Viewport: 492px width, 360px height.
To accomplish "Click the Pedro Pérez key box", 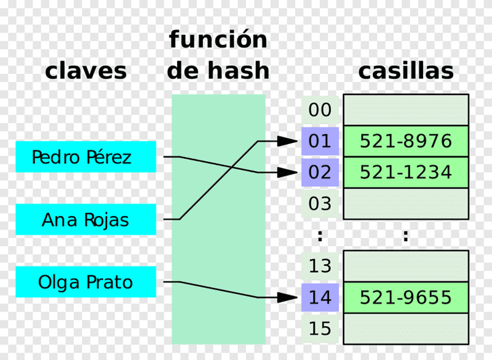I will pyautogui.click(x=85, y=156).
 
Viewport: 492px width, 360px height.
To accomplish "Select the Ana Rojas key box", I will pyautogui.click(x=85, y=219).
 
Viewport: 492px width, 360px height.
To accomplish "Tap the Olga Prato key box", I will pyautogui.click(x=85, y=282).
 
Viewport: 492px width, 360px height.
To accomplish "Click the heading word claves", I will pyautogui.click(x=85, y=71).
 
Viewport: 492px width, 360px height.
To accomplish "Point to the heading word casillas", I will pyautogui.click(x=405, y=71).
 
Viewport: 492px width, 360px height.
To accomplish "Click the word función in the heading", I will pyautogui.click(x=218, y=40).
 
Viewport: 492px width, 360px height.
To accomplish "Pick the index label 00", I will pyautogui.click(x=320, y=110).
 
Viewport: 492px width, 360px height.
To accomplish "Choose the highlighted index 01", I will pyautogui.click(x=320, y=142).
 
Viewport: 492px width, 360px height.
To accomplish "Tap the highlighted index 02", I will pyautogui.click(x=320, y=172).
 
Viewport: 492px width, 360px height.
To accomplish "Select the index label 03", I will pyautogui.click(x=320, y=204).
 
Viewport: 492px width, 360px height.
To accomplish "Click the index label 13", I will pyautogui.click(x=320, y=266).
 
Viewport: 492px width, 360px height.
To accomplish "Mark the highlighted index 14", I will pyautogui.click(x=320, y=298).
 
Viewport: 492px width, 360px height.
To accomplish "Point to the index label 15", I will pyautogui.click(x=320, y=329).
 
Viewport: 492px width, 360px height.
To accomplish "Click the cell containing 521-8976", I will pyautogui.click(x=405, y=142).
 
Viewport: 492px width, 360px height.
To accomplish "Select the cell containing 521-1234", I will pyautogui.click(x=405, y=172).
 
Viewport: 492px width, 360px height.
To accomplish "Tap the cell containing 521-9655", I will pyautogui.click(x=405, y=298).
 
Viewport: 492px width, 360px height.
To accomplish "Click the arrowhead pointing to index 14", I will pyautogui.click(x=288, y=298).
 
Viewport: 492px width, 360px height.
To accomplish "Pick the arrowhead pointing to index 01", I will pyautogui.click(x=288, y=142).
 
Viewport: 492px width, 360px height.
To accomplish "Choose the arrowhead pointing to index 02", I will pyautogui.click(x=288, y=172).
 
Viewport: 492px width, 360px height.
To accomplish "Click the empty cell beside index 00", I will pyautogui.click(x=405, y=110).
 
